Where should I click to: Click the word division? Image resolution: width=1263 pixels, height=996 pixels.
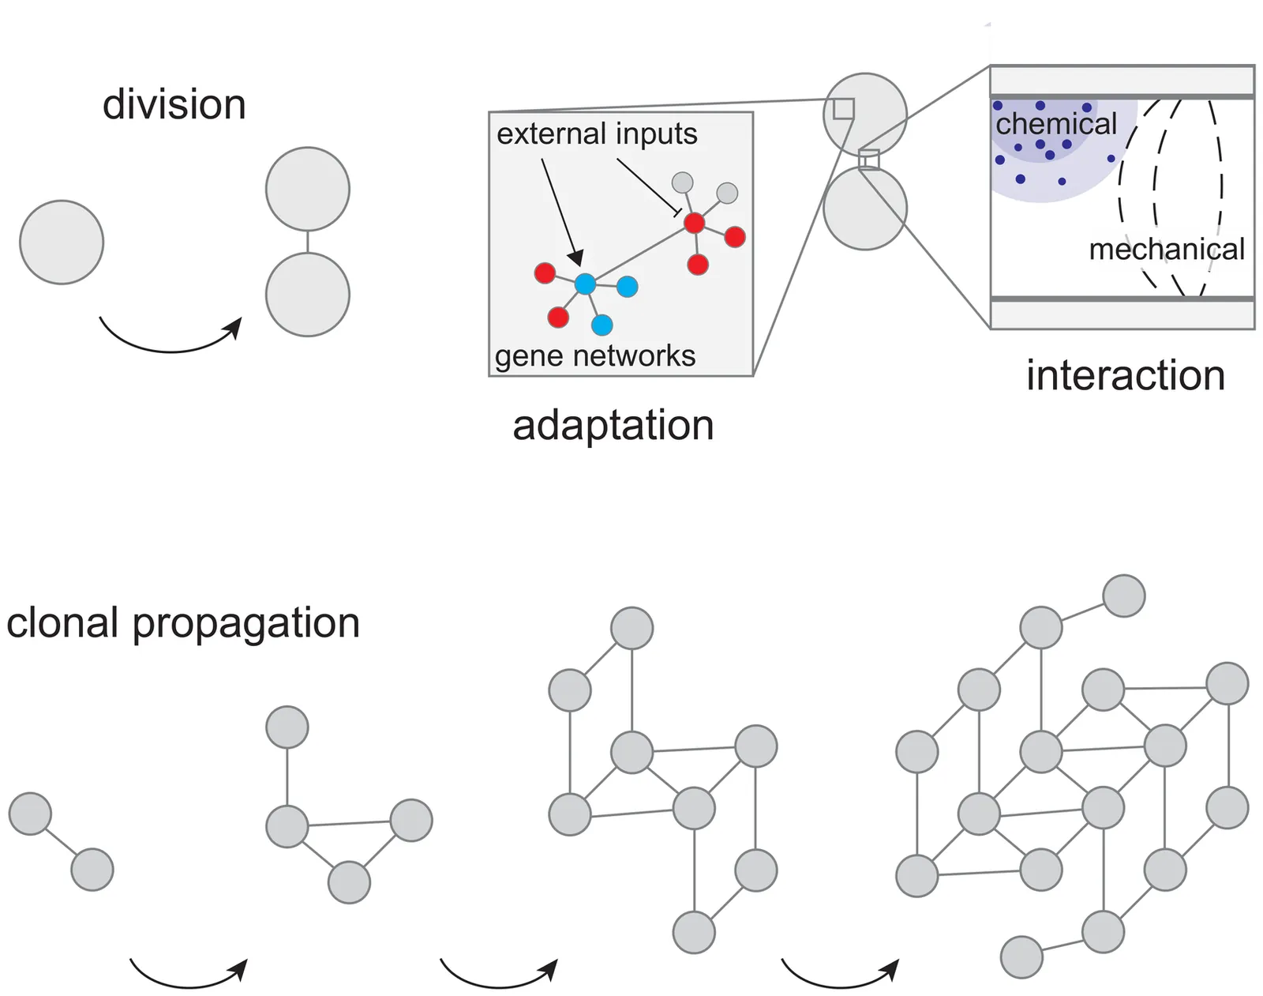point(174,105)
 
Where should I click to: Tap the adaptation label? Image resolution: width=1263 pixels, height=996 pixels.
point(613,426)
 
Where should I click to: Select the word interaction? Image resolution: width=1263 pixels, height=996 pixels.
point(1125,375)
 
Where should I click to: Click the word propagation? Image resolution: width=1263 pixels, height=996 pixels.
point(245,624)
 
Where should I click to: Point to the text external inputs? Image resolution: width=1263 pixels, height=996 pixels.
point(597,134)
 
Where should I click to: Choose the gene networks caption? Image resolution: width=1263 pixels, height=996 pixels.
point(595,356)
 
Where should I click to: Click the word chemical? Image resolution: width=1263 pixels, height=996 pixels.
point(1055,124)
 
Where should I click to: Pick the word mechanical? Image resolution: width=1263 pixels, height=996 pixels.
point(1166,250)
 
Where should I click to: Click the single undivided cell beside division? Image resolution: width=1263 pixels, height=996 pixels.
point(62,242)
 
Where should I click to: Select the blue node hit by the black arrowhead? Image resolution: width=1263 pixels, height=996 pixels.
point(585,284)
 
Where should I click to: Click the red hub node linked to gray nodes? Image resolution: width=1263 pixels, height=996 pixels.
point(694,224)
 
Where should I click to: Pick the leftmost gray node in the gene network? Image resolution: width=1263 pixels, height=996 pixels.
point(682,183)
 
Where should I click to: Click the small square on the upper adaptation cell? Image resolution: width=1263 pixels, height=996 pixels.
point(844,109)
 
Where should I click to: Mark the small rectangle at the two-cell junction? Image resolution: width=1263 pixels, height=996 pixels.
point(868,160)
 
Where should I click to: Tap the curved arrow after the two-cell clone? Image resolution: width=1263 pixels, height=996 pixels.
point(188,975)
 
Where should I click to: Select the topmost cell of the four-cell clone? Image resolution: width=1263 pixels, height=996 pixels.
point(287,727)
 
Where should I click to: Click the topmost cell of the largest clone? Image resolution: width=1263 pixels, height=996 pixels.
point(1123,596)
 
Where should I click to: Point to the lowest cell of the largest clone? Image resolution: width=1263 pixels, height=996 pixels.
point(1021,957)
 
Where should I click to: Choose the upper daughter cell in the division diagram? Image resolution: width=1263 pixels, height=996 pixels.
point(308,189)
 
